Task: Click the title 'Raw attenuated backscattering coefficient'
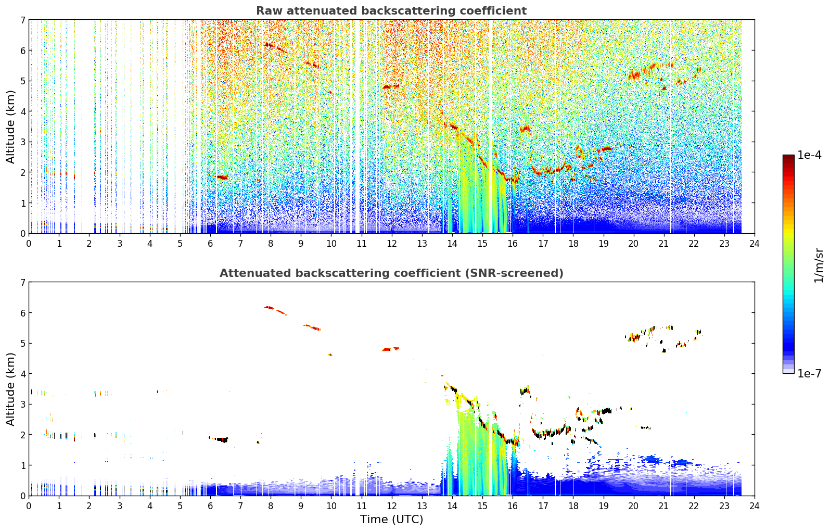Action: (391, 11)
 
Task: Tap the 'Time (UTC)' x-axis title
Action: (391, 520)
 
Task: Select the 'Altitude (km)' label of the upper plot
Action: (10, 127)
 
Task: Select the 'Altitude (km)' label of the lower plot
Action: (10, 389)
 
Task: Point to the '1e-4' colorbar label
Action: (809, 155)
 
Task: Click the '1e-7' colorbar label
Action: (809, 373)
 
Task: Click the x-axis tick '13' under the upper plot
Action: (422, 244)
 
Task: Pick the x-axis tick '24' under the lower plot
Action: (755, 506)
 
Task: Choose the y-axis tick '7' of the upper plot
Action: (23, 20)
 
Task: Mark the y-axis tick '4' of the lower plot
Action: (23, 374)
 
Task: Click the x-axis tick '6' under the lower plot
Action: (210, 506)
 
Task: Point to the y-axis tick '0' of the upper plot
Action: (23, 234)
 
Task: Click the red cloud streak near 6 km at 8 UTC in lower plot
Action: (275, 310)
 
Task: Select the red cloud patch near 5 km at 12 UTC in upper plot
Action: (391, 87)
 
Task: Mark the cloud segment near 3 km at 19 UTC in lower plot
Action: (605, 411)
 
